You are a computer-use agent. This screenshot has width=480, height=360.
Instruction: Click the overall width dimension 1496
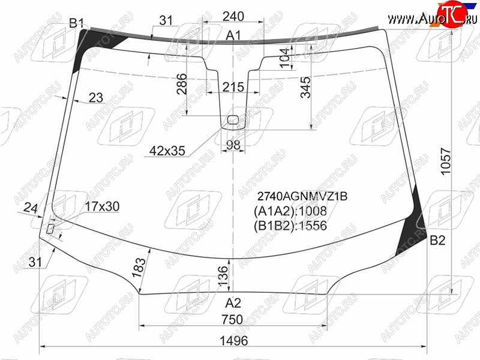[233, 340]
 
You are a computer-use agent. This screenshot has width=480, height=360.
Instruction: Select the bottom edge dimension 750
[232, 320]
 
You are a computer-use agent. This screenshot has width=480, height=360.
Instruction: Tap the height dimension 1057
[446, 161]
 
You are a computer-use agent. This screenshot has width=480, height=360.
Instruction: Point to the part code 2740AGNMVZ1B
[302, 196]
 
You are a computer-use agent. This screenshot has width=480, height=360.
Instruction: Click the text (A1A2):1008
[290, 211]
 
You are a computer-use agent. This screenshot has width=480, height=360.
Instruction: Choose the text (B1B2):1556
[290, 226]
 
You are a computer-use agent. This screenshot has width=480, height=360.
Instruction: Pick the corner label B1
[76, 23]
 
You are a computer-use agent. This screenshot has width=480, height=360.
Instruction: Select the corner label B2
[437, 241]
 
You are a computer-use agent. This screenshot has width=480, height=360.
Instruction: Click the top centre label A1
[233, 35]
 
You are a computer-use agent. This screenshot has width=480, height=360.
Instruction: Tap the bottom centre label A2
[233, 303]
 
